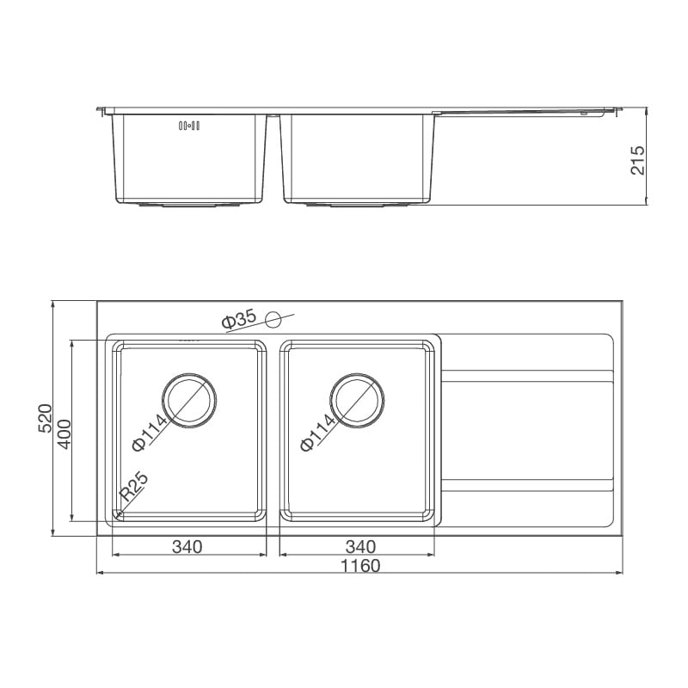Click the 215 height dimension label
pyautogui.click(x=637, y=160)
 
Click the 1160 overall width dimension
pyautogui.click(x=361, y=566)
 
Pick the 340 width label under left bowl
pyautogui.click(x=186, y=546)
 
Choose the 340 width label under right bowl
pyautogui.click(x=359, y=546)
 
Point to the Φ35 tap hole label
pyautogui.click(x=238, y=321)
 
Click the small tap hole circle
pyautogui.click(x=273, y=320)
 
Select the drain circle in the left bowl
pyautogui.click(x=189, y=400)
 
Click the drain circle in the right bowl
pyautogui.click(x=357, y=400)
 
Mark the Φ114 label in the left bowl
pyautogui.click(x=149, y=434)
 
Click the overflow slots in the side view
pyautogui.click(x=188, y=126)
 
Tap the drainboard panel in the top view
pyautogui.click(x=526, y=430)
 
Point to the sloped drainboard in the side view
pyautogui.click(x=525, y=112)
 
